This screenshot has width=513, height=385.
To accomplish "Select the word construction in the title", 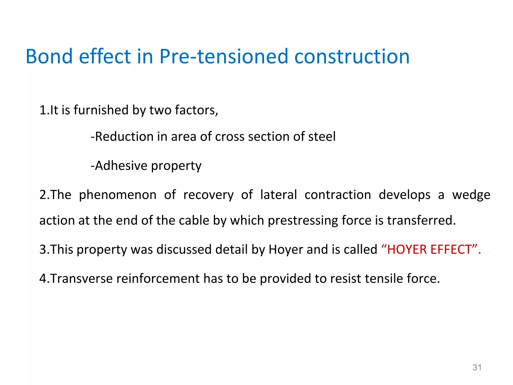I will click(x=352, y=56).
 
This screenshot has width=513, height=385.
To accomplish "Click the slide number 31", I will click(x=477, y=367).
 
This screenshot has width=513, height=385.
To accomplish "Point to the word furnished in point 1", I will click(x=101, y=110).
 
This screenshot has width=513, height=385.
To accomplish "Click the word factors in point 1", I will click(x=196, y=110).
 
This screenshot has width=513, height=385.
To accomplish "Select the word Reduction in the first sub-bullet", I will click(x=124, y=137).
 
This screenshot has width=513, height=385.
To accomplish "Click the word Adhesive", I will click(x=121, y=166).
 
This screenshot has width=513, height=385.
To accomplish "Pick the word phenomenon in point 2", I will click(x=118, y=195).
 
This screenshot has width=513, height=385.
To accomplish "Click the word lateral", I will click(x=279, y=195).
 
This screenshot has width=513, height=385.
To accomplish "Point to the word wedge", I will click(x=471, y=195).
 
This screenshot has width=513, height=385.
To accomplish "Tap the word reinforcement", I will click(x=158, y=279).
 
